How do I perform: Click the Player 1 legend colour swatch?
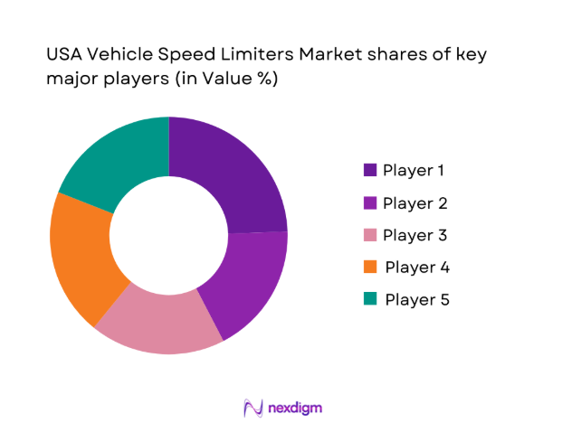pos(370,170)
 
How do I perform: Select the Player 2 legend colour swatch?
pos(370,202)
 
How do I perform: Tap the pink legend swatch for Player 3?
pos(370,235)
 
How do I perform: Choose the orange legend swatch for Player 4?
pos(370,268)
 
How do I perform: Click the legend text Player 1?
pos(414,170)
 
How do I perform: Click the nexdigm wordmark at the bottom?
pos(295,408)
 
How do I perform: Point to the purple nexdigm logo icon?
pos(253,408)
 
